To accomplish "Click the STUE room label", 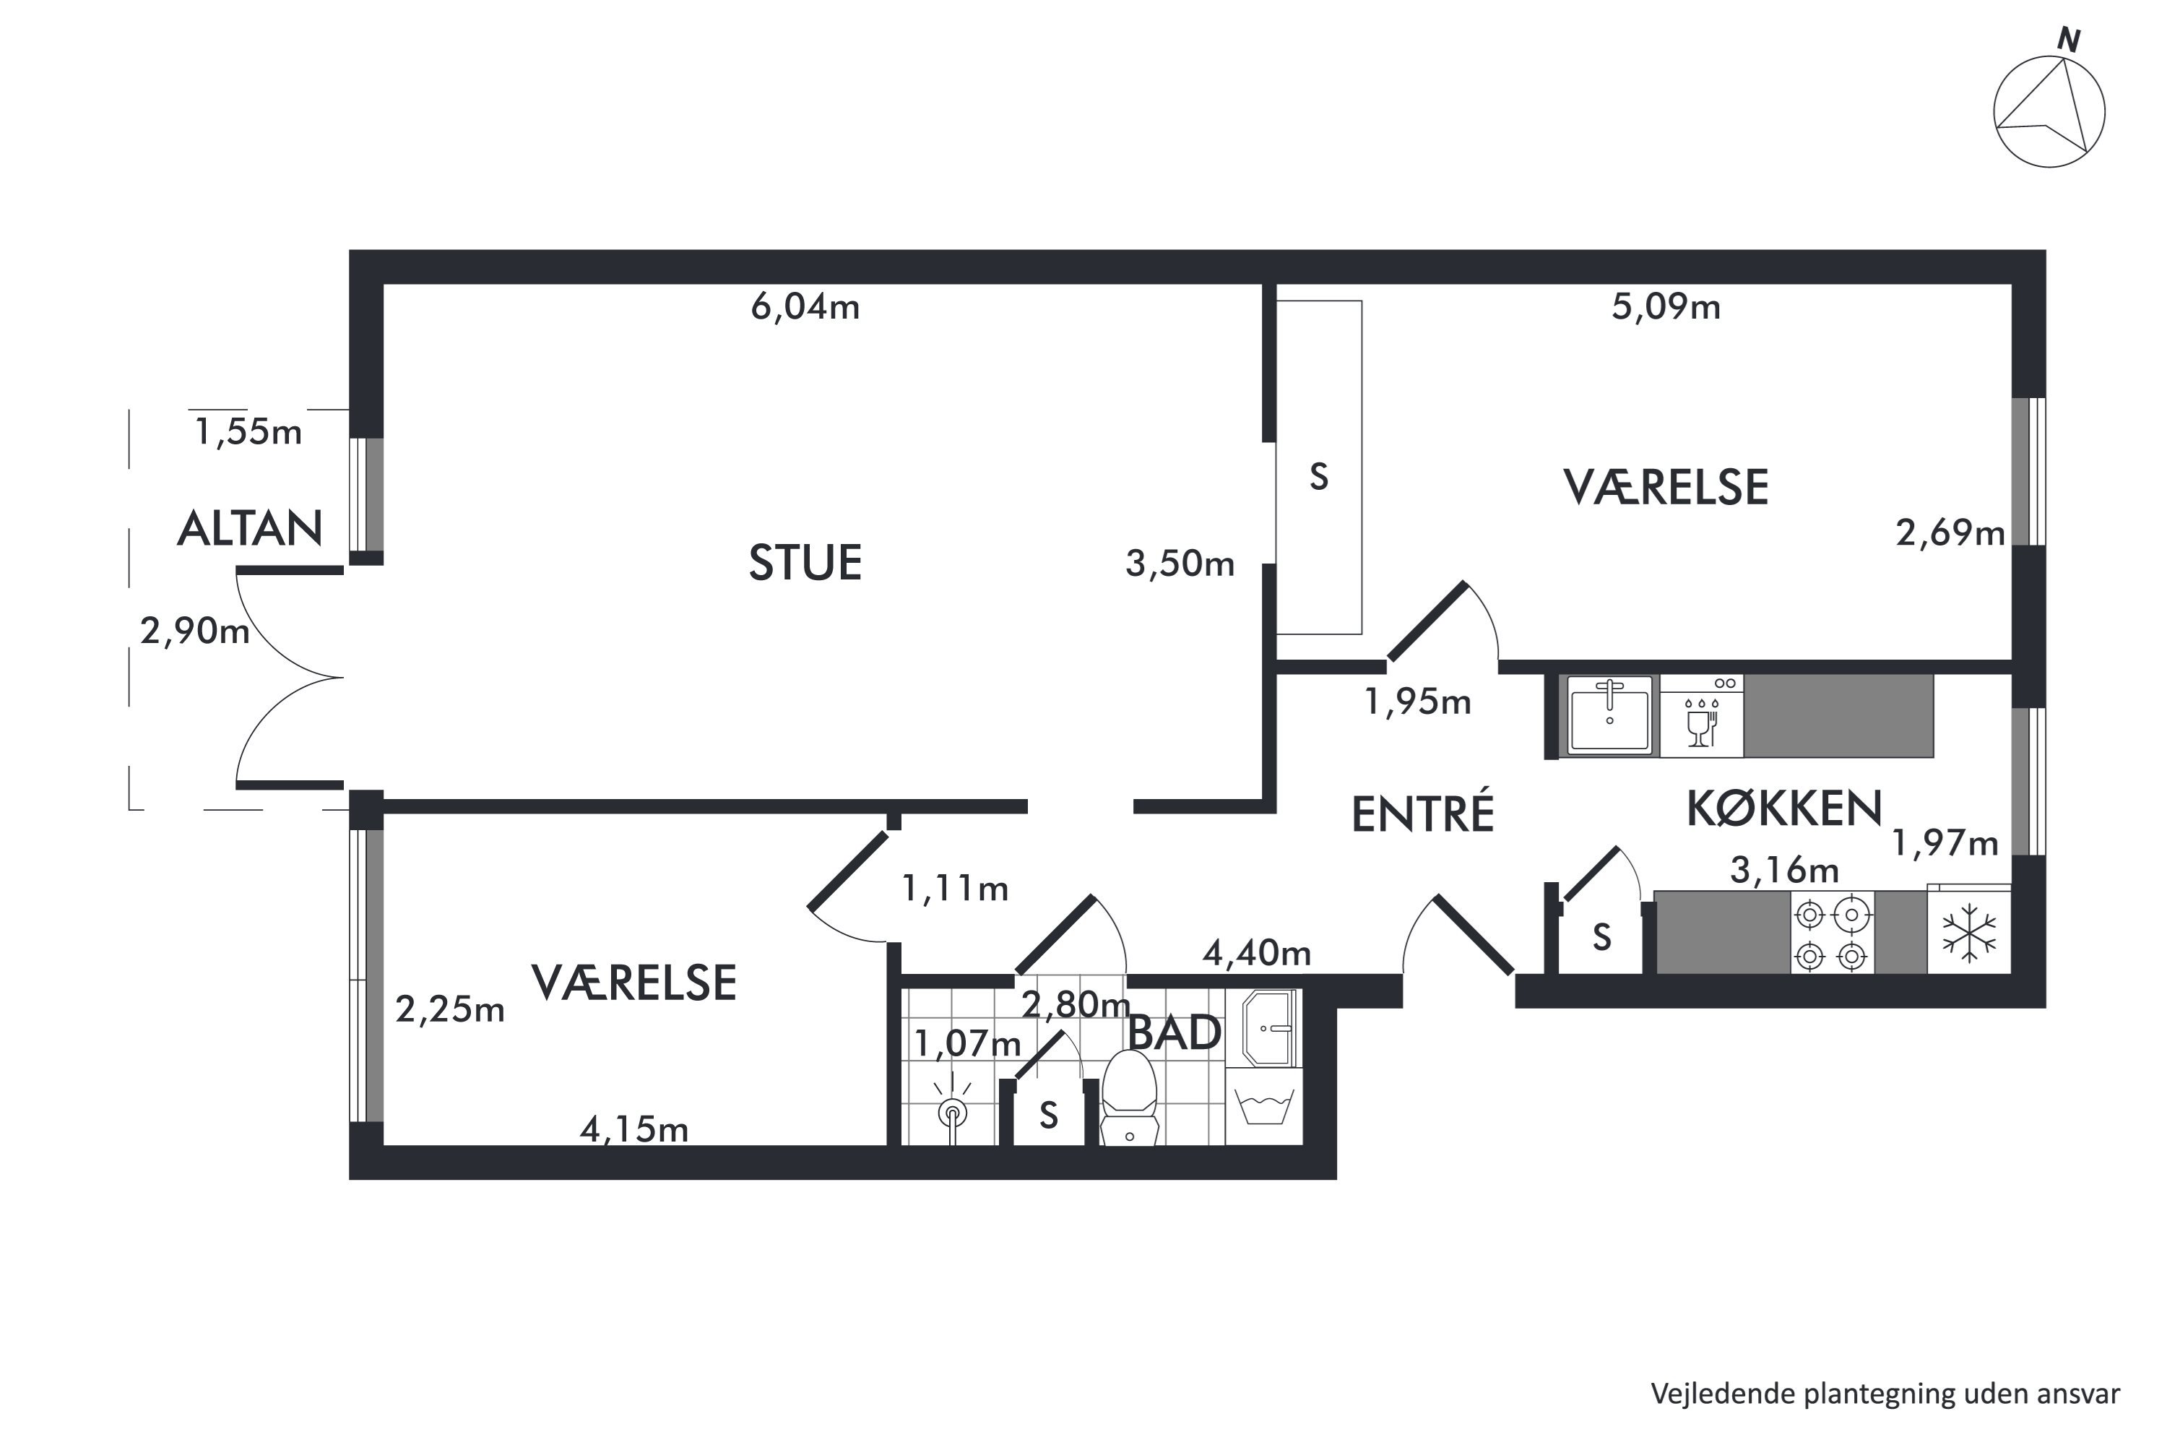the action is point(805,562).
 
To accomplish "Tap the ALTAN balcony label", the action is point(250,529).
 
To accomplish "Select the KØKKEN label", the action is point(1783,809).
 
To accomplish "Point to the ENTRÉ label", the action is point(1422,813).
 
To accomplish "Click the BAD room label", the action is point(1175,1033).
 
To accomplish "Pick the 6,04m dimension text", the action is point(805,307).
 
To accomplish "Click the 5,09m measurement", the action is point(1666,307).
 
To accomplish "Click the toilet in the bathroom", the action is point(1130,1097).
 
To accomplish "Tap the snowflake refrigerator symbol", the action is point(1969,933).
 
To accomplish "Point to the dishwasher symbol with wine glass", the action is point(1702,716).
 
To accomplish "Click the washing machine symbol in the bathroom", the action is point(1264,1107).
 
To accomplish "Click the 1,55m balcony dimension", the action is point(248,432).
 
